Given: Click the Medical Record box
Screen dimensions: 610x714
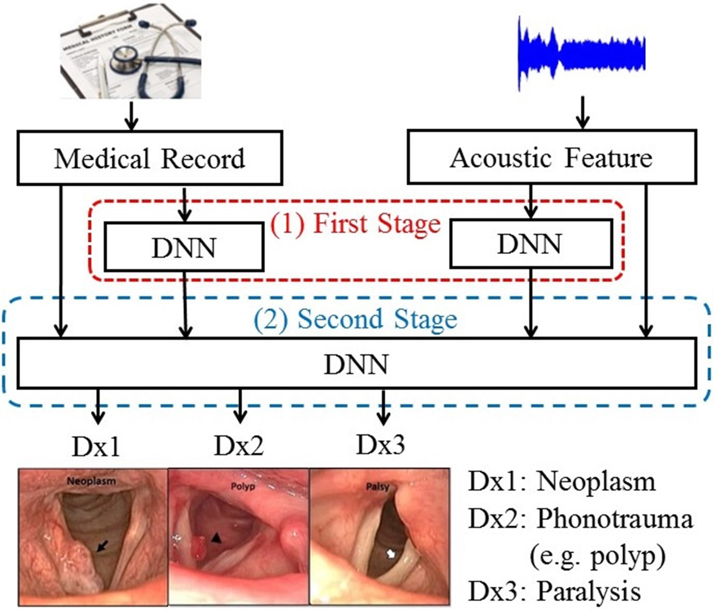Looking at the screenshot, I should coord(149,158).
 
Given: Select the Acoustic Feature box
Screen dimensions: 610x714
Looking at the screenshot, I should coord(551,158).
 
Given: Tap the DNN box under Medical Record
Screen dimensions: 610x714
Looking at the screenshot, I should coord(184,247).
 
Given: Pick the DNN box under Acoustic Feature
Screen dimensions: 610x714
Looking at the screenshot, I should coord(530,244).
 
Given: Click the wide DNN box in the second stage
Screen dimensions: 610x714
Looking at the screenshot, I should coord(356,364).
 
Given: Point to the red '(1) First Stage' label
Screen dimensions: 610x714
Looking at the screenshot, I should coord(355,224).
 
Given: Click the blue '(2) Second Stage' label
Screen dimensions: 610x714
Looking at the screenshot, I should coord(355,320).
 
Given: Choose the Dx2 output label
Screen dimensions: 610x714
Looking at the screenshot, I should coord(239,446).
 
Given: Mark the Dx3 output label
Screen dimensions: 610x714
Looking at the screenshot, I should coord(380,445).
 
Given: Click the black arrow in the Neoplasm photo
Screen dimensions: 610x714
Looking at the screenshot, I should coord(103,546).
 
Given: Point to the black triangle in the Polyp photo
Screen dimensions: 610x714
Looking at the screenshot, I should coord(217,537).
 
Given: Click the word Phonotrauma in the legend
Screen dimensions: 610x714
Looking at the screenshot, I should coord(615,519).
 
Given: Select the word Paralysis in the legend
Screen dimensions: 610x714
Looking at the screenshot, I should coord(589,592).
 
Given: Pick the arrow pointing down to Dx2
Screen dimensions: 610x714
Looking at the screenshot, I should coord(240,406).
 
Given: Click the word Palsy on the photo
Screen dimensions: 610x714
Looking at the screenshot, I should coord(377,486).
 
